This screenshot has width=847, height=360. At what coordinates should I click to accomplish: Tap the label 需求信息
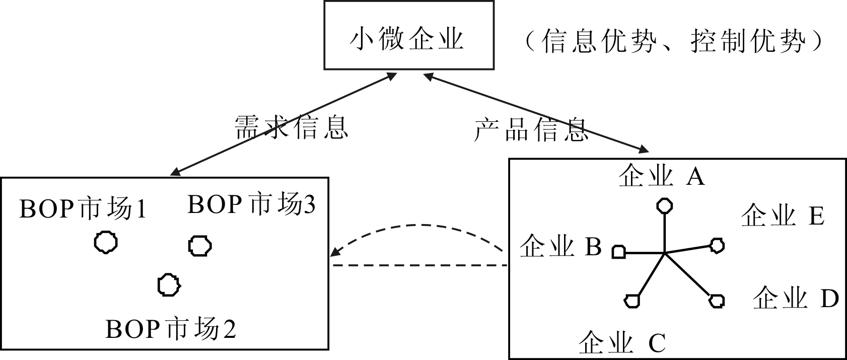click(292, 127)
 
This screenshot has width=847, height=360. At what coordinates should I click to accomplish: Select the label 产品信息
click(531, 130)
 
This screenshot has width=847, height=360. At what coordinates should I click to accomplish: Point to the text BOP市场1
click(83, 208)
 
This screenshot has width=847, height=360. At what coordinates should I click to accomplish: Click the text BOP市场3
click(251, 204)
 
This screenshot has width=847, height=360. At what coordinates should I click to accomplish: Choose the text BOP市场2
click(171, 329)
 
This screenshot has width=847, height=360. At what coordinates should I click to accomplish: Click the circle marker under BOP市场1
click(106, 242)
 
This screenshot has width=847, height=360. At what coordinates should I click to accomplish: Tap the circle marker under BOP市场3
click(200, 246)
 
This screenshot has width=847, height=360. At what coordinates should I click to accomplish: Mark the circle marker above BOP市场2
click(169, 285)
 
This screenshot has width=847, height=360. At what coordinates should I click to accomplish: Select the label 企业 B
click(560, 247)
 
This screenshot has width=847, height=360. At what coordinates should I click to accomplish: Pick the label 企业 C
click(622, 344)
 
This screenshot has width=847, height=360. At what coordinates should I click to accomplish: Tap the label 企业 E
click(783, 215)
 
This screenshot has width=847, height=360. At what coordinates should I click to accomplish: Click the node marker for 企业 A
click(665, 206)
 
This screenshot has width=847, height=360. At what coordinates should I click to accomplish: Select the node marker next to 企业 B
click(619, 252)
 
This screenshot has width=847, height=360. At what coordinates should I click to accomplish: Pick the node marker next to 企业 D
click(717, 301)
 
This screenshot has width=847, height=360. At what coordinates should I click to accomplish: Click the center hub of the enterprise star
click(665, 252)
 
